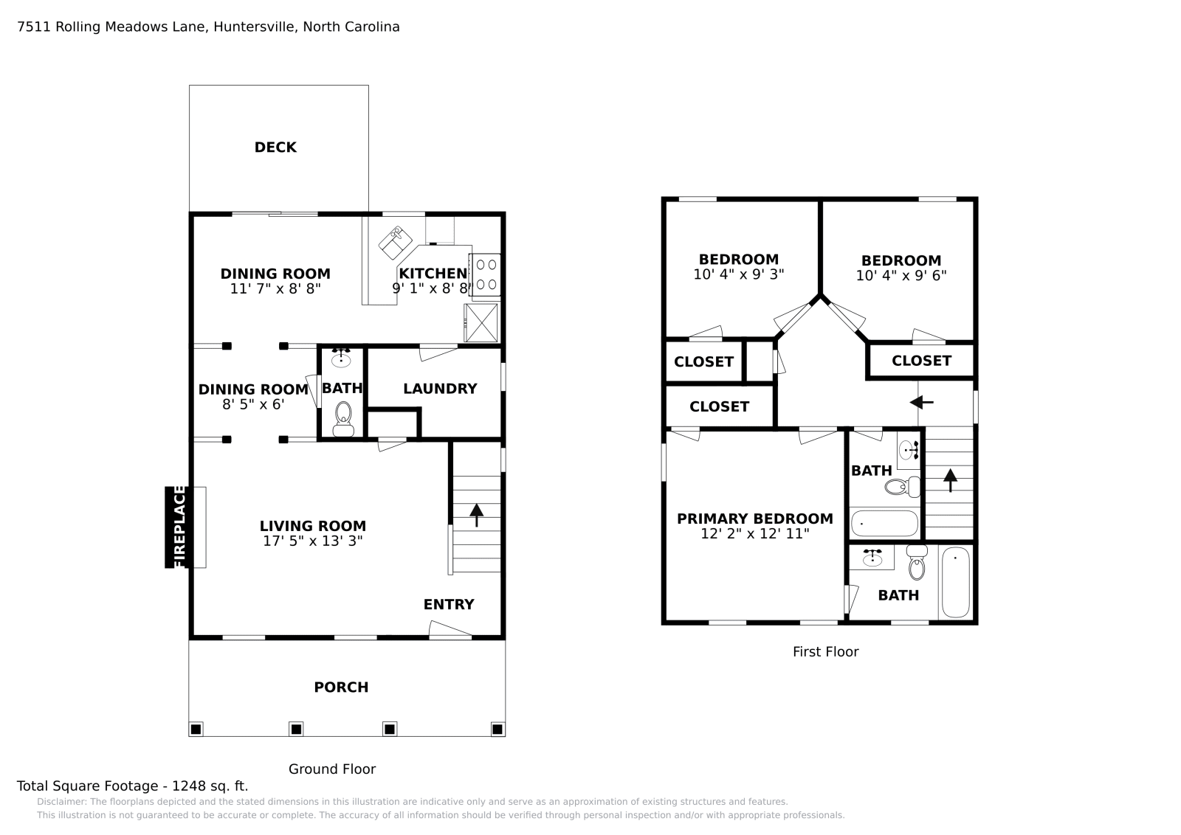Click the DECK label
(x=275, y=148)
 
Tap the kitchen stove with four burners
(x=486, y=274)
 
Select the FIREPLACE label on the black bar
(x=179, y=527)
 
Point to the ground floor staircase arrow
(x=476, y=515)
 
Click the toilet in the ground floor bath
(x=343, y=419)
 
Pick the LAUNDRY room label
(x=440, y=389)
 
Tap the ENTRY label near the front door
(x=449, y=604)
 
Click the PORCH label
(x=341, y=687)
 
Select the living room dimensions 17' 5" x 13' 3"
(x=313, y=541)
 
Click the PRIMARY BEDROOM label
(x=755, y=519)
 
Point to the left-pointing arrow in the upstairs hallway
(x=922, y=403)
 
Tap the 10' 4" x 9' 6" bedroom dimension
(x=901, y=276)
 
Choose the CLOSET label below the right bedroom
(x=921, y=361)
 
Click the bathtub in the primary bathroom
(x=955, y=582)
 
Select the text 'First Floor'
(x=826, y=651)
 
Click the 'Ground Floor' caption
(x=332, y=769)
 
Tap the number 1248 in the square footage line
(x=189, y=786)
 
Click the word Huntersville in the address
(x=255, y=27)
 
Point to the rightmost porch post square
(x=497, y=729)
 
